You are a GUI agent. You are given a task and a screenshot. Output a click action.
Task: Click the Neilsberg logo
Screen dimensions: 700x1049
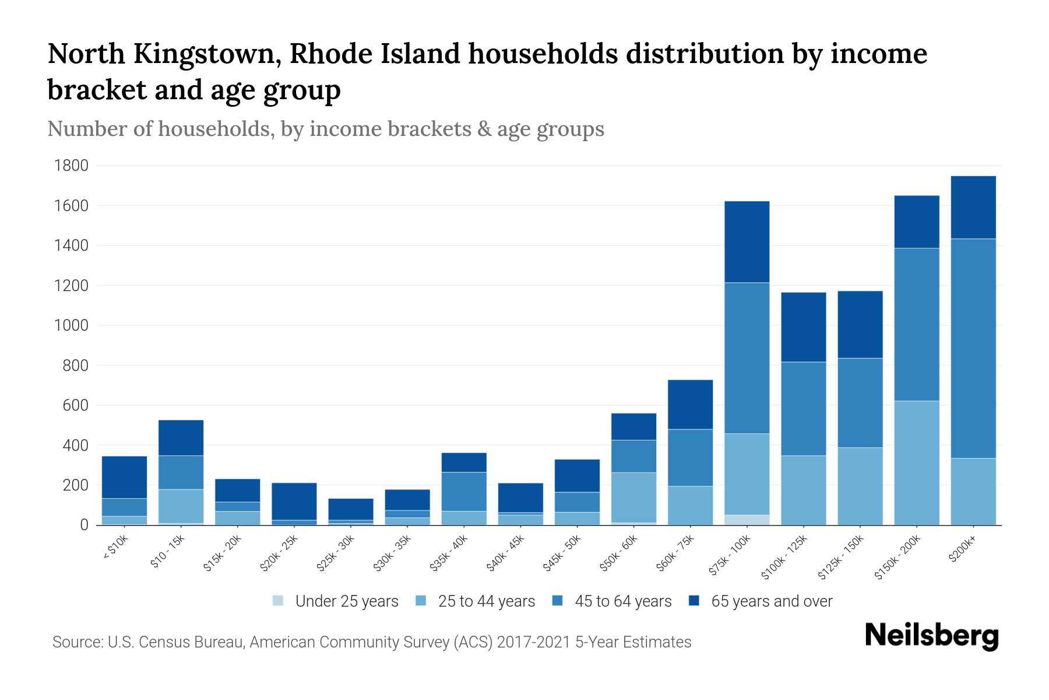point(931,636)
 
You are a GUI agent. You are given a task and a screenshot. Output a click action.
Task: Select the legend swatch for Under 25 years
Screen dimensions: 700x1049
point(279,601)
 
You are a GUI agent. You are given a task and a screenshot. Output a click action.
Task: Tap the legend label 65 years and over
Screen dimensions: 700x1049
point(772,601)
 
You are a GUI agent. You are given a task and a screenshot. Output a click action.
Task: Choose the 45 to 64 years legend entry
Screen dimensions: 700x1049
point(623,601)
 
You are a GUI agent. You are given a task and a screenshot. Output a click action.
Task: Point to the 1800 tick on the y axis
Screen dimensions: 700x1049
point(71,166)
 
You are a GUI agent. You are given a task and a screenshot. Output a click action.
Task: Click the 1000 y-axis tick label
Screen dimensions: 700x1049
point(71,325)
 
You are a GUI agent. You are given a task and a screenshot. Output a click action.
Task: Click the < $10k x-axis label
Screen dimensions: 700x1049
point(115,548)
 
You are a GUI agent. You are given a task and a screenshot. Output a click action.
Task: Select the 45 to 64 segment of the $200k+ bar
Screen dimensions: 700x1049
point(973,348)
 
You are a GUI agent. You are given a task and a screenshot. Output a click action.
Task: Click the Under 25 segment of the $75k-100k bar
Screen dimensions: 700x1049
point(747,520)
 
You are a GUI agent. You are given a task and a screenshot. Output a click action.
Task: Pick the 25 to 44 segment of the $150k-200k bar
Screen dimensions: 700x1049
point(916,463)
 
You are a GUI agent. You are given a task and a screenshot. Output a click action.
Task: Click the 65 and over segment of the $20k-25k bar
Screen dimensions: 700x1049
point(294,501)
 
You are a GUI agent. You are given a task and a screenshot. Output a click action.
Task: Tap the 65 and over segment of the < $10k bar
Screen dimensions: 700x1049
point(124,477)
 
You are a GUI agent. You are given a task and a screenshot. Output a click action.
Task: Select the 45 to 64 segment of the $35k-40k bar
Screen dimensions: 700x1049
point(464,491)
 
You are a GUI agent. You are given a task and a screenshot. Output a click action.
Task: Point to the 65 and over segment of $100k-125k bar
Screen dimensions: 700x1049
point(803,327)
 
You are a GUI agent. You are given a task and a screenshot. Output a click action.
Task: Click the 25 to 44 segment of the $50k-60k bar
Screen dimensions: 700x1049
point(633,497)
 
